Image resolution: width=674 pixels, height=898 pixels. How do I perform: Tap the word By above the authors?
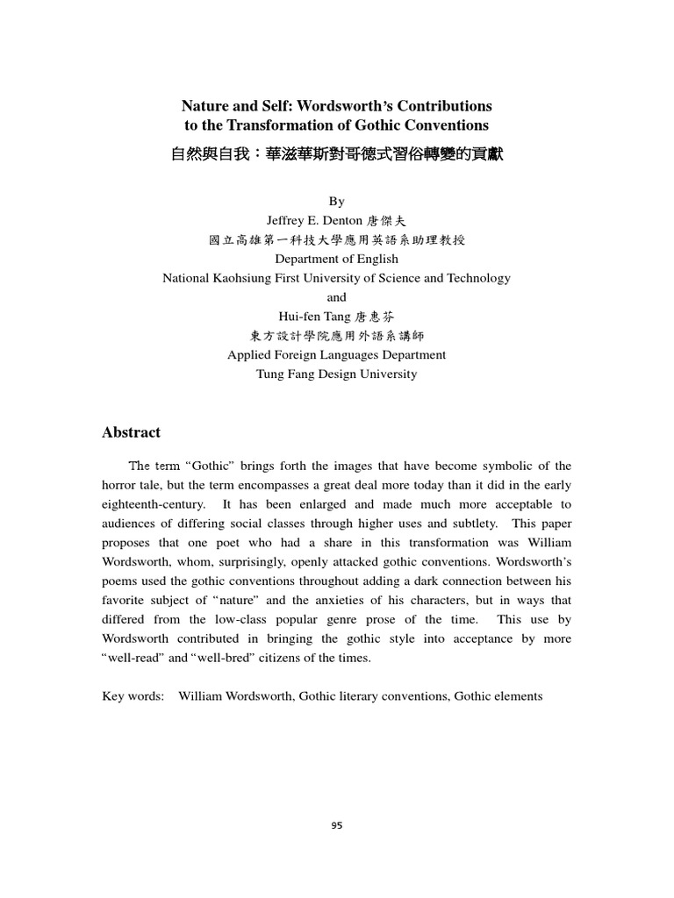[x=336, y=202]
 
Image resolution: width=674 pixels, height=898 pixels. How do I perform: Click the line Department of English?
[x=336, y=259]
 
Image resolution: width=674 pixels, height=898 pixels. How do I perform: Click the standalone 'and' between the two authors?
[x=336, y=297]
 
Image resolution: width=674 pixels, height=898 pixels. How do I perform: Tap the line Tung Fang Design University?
[x=336, y=374]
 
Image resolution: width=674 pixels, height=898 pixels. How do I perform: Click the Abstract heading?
[x=132, y=432]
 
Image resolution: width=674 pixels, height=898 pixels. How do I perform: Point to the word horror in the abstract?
[x=120, y=485]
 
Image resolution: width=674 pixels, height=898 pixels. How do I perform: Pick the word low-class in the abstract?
[x=240, y=620]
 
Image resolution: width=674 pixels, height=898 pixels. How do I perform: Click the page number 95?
[x=337, y=824]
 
